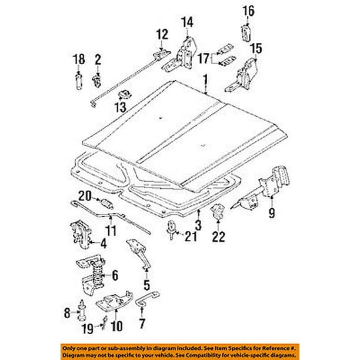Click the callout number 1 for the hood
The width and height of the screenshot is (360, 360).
click(x=205, y=79)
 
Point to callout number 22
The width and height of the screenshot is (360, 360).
click(x=219, y=236)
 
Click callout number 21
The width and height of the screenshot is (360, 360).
click(x=189, y=237)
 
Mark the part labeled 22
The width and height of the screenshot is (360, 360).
click(x=219, y=214)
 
